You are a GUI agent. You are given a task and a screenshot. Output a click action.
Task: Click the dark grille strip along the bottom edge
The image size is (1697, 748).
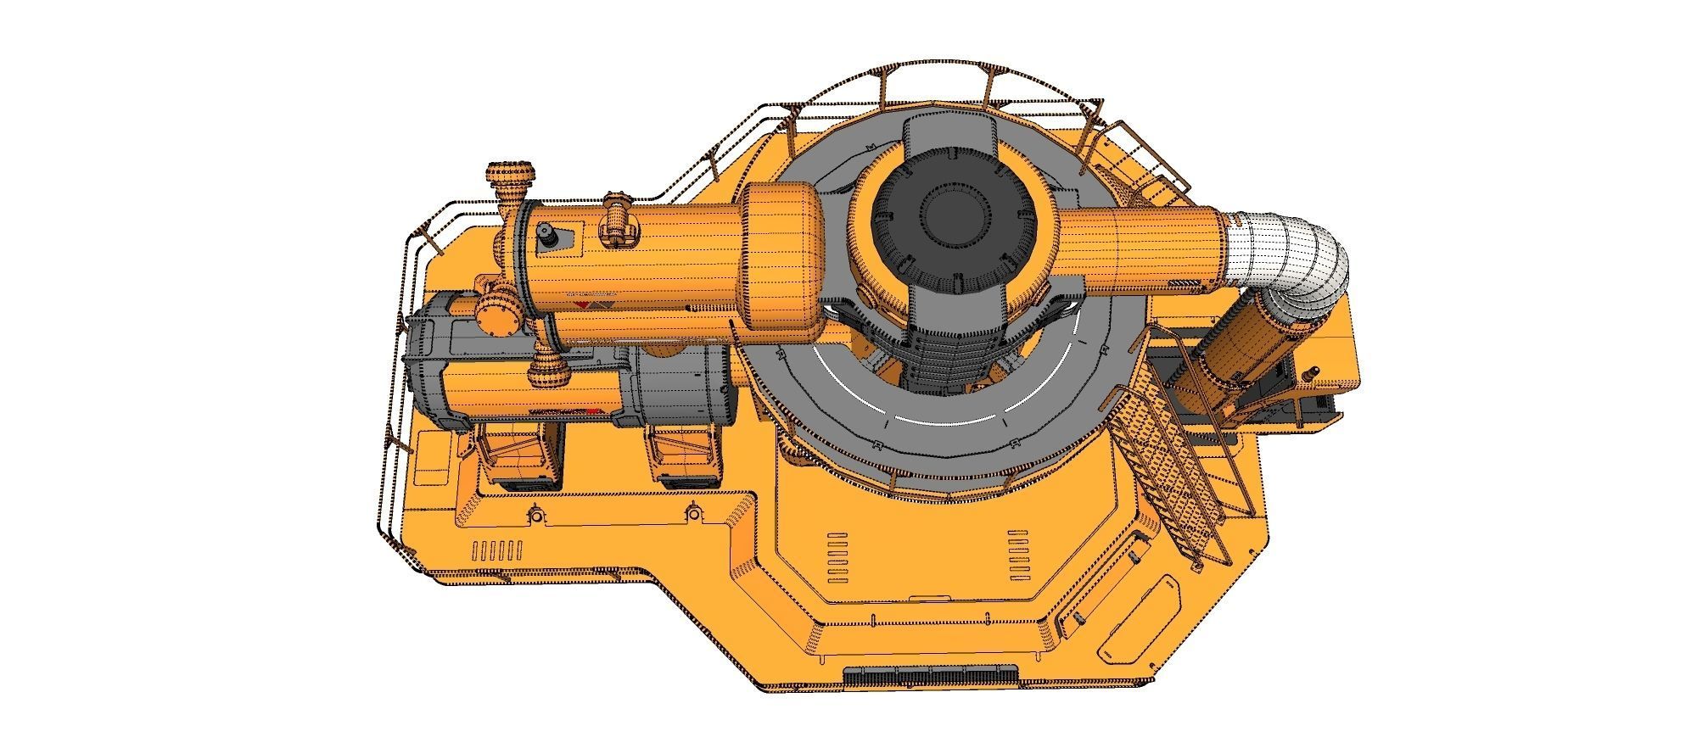(931, 676)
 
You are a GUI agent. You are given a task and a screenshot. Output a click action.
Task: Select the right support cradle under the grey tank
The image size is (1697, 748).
(683, 458)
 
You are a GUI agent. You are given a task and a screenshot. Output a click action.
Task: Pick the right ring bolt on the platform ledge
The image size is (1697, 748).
(693, 513)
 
